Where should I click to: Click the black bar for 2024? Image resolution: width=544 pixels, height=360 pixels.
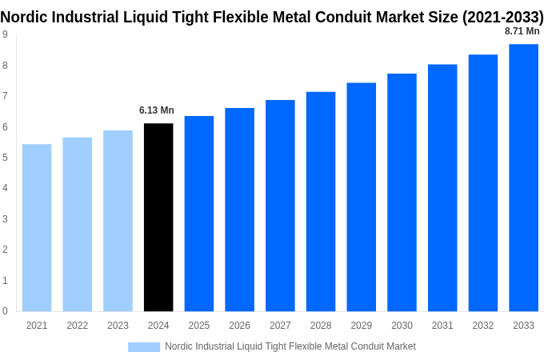pos(158,217)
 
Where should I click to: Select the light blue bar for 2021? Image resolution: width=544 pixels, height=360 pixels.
pos(37,227)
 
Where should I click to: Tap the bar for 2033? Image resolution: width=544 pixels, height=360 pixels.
pos(523,178)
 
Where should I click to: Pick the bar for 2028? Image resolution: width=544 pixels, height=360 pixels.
pos(321,202)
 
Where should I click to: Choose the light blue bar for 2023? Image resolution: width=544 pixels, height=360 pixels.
pos(118,221)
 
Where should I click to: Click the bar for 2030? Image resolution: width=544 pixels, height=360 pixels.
pos(402,192)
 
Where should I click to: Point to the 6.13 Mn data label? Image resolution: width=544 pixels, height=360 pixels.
pos(157,110)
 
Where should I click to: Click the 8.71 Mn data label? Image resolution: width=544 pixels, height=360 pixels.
pos(522,31)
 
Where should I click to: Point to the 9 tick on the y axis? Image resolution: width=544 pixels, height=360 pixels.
pos(6,34)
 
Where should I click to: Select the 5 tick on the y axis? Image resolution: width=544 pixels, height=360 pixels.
pos(6,158)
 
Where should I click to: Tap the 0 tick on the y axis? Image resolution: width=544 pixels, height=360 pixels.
pos(6,311)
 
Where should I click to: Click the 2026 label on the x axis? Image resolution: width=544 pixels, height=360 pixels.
pos(239,326)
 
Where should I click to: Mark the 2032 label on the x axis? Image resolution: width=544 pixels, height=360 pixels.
pos(482,326)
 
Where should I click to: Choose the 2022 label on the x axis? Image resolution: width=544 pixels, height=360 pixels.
pos(78,326)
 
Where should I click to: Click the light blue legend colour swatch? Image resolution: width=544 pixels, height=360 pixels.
pos(144,346)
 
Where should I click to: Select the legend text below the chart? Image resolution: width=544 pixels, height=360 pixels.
pos(290,346)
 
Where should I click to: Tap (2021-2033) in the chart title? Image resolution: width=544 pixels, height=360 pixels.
pos(502,17)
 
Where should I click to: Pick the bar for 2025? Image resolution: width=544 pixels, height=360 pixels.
pos(199,214)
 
